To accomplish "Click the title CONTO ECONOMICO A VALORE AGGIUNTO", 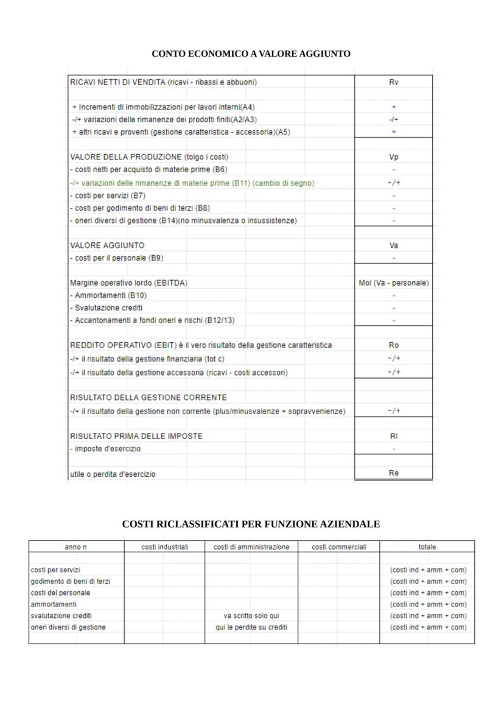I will [251, 54].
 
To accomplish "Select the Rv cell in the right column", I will [393, 82].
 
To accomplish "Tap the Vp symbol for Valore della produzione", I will [393, 157].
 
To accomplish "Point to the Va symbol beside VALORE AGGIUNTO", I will [393, 245].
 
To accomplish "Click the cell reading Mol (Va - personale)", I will [393, 283].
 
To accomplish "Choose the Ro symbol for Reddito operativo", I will [393, 345].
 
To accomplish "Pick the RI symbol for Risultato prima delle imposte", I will [393, 436].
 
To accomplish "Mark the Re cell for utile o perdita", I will [393, 473].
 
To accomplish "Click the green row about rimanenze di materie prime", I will [192, 183].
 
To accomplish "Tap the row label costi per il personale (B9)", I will [116, 258].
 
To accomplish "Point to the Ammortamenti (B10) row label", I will [108, 295].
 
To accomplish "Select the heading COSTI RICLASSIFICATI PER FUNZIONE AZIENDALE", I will [251, 524].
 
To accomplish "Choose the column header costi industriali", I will [164, 547].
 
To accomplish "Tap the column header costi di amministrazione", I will [251, 547].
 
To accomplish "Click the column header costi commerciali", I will [339, 547].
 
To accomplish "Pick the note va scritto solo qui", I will [251, 616].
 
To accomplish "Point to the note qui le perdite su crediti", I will [251, 627].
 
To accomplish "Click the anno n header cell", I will [76, 547].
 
